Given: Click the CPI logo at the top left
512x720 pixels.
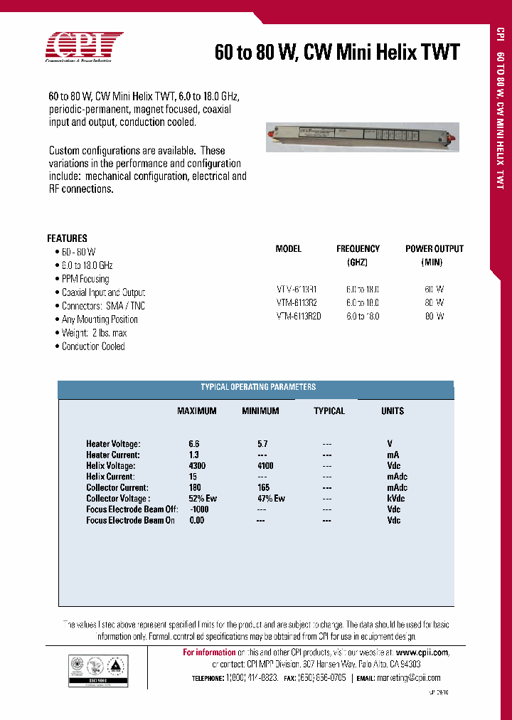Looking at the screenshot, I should click(84, 48).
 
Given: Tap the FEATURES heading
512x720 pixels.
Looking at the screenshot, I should click(68, 238).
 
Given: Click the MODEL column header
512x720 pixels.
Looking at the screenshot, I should click(289, 249).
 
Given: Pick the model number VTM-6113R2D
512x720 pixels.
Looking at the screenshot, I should click(299, 317).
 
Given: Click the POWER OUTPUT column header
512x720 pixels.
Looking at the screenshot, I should click(434, 249).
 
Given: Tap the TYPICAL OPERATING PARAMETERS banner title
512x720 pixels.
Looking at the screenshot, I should click(258, 387).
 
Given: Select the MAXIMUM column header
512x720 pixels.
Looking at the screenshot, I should click(196, 411).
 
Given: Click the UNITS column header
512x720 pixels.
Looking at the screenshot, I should click(393, 411).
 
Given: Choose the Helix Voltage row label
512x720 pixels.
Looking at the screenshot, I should click(110, 466).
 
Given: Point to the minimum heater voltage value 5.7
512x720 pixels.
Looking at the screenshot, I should click(262, 444).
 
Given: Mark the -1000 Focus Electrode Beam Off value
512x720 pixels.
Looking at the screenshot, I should click(199, 509).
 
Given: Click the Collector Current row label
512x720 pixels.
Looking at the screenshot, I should click(117, 488).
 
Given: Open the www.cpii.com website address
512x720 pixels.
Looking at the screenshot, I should click(422, 652).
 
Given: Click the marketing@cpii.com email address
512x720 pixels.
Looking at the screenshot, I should click(409, 678).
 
